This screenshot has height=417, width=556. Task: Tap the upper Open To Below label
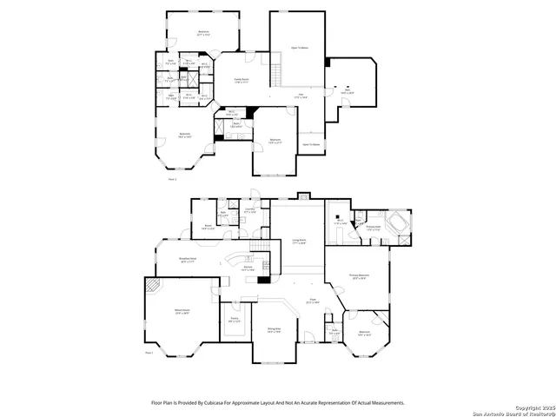tap(299, 48)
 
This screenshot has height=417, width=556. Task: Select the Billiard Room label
tap(158, 312)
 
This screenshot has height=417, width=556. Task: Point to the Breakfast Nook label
tap(187, 259)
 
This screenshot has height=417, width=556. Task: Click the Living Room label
tap(300, 242)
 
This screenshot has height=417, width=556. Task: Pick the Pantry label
tap(233, 321)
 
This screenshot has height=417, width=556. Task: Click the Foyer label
tap(312, 301)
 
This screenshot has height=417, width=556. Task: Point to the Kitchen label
tap(248, 270)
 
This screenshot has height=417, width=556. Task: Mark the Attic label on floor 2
tap(347, 89)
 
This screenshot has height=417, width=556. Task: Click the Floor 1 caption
tap(149, 354)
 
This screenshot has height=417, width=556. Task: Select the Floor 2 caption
tap(172, 179)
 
